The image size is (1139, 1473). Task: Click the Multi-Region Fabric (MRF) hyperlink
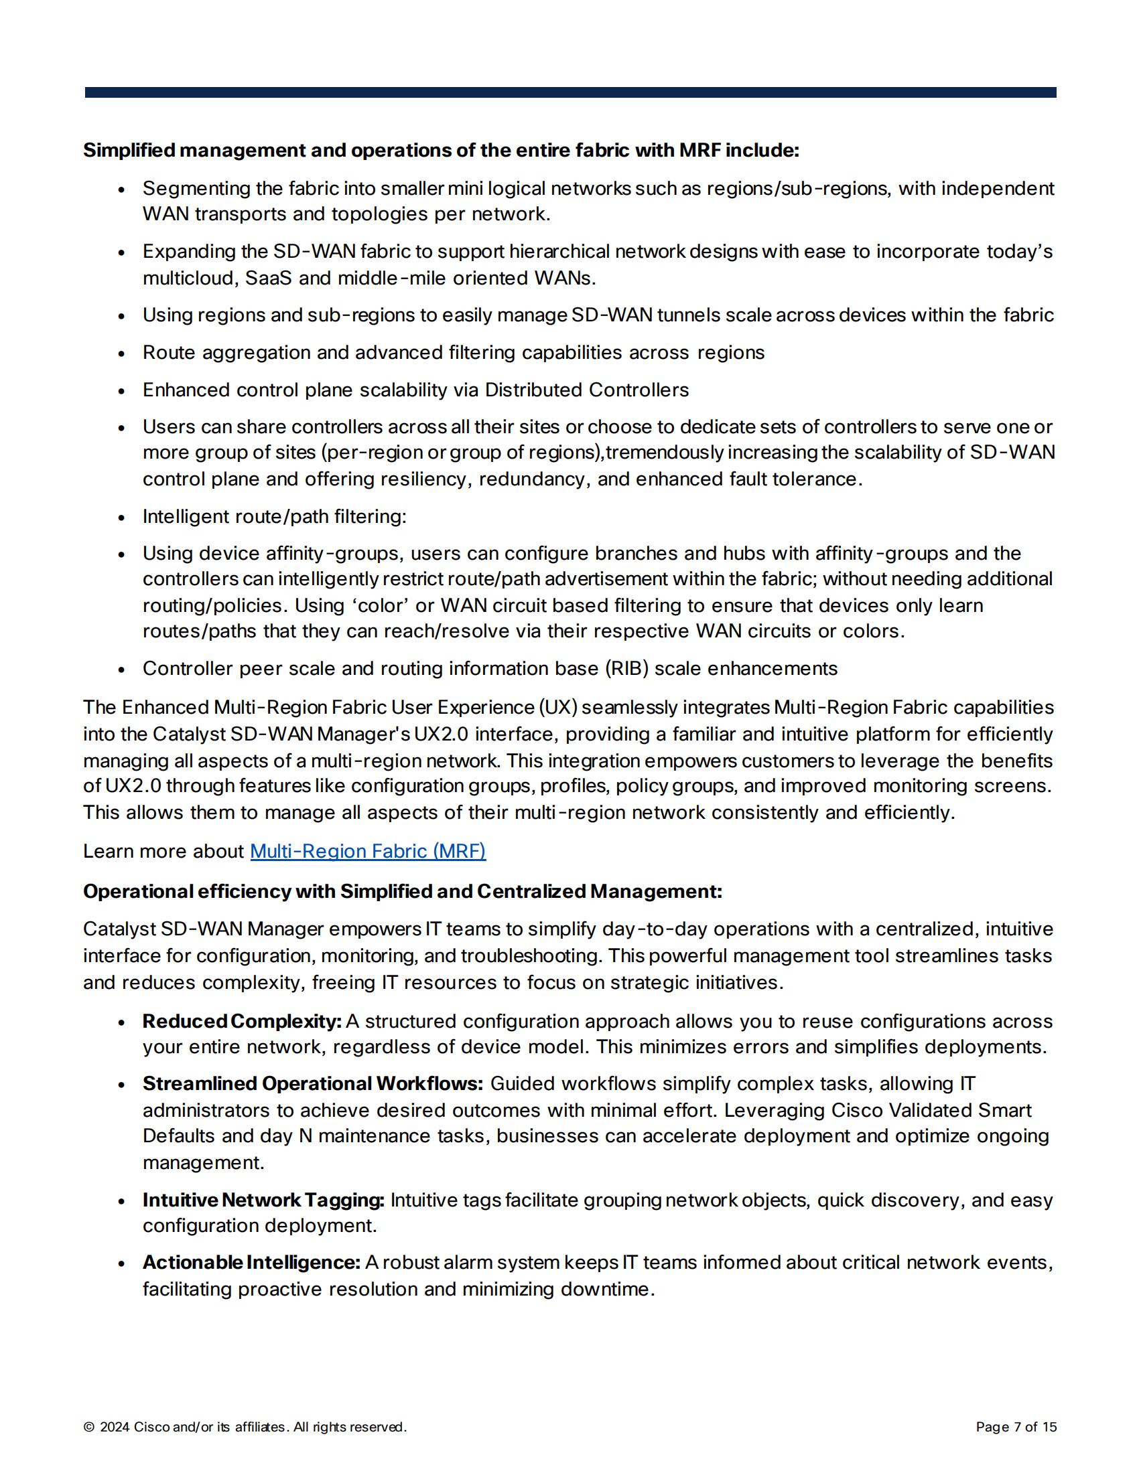[x=368, y=851]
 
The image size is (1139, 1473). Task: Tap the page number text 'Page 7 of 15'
[x=1016, y=1427]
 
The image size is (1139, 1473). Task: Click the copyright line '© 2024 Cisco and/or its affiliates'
[x=245, y=1427]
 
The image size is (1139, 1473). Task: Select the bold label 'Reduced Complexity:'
[x=243, y=1021]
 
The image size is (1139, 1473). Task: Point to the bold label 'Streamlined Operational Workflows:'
[x=312, y=1084]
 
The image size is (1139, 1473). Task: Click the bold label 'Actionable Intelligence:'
[x=251, y=1263]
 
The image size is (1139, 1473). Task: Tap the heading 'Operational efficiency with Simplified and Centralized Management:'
[x=402, y=892]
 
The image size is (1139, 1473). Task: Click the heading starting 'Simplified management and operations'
[x=441, y=151]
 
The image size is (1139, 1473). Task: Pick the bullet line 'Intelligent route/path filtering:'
[x=274, y=517]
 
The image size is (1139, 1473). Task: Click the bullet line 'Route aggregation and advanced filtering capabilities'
[x=453, y=353]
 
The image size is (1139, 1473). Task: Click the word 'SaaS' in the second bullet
[x=268, y=278]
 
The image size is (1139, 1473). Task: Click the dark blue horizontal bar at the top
[x=570, y=92]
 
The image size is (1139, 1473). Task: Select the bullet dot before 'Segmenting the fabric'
[x=121, y=190]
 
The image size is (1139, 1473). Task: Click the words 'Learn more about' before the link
[x=163, y=851]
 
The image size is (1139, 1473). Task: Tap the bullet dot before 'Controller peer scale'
[x=121, y=670]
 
